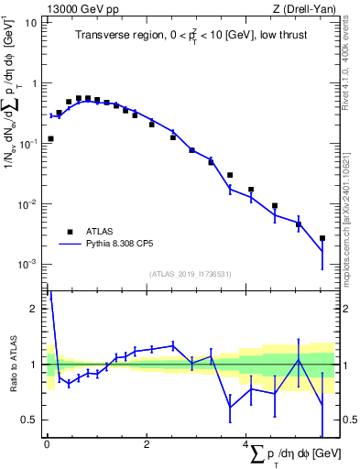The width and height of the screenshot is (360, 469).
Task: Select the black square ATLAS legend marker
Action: (68, 232)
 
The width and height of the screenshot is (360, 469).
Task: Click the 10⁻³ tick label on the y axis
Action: (28, 264)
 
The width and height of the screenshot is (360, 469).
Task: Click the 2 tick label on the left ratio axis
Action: (34, 309)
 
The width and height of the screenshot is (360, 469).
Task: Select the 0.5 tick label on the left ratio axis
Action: (29, 420)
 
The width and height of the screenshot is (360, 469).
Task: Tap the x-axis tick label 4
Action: (245, 444)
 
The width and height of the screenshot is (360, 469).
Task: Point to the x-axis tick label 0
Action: (47, 444)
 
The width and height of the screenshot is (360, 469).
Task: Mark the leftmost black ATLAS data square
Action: (49, 139)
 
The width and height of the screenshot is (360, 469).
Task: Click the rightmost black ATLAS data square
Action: (322, 238)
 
